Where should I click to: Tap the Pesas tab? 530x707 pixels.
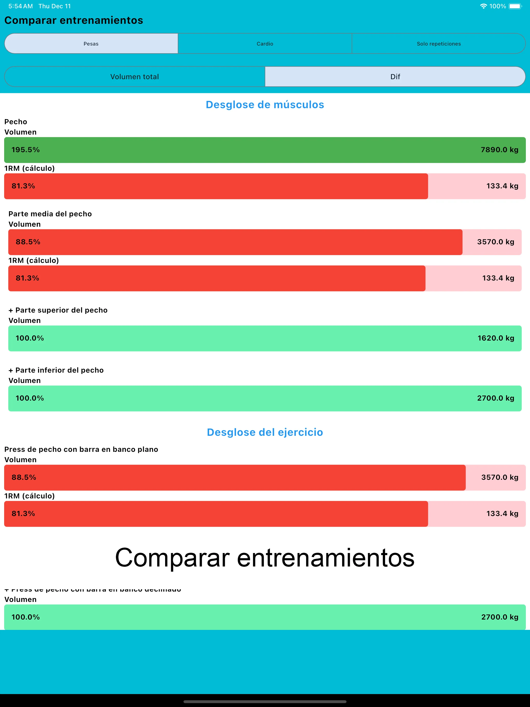91,43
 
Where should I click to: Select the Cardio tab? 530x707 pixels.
265,43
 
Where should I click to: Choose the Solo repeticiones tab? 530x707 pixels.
439,43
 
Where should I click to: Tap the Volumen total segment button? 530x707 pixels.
135,77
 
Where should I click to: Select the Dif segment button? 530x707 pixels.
395,77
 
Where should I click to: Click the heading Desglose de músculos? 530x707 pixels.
265,105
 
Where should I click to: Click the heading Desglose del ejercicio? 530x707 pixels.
265,432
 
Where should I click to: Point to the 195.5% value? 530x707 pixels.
26,150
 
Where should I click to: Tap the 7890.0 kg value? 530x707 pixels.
499,150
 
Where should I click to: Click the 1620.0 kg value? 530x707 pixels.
496,338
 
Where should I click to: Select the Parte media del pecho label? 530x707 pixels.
50,214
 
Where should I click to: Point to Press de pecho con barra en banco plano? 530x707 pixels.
81,450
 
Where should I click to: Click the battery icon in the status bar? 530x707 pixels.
515,6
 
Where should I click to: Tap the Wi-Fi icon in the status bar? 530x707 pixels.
483,6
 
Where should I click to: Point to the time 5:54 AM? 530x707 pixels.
20,6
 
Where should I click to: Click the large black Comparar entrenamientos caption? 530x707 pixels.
265,557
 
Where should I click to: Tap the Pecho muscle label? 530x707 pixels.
16,122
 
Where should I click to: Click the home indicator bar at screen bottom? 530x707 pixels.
265,702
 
